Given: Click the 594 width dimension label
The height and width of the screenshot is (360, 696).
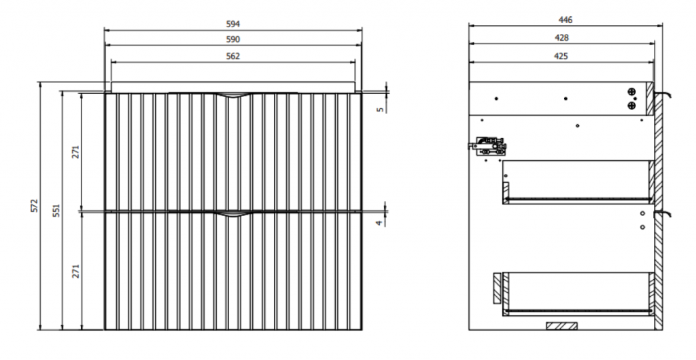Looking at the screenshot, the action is coord(233,24).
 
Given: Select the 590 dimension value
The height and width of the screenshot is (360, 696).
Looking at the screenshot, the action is coord(233,39).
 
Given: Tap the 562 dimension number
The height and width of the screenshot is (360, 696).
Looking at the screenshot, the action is coord(233,56).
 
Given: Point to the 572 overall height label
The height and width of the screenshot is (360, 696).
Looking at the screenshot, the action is coord(35,206).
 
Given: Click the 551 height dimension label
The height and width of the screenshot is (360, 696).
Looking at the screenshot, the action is coord(56,211).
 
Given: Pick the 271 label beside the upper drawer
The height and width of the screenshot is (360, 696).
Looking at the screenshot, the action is coord(76,152).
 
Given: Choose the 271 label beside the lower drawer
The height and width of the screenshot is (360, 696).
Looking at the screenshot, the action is coord(76,271).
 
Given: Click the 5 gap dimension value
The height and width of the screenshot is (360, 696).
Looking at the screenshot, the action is coord(381,109).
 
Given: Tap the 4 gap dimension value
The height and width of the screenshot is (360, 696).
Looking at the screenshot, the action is coord(379,223).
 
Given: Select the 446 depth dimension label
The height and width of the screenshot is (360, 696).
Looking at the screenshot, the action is coord(565,20).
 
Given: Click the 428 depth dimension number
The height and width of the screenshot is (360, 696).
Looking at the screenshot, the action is coord(561,38).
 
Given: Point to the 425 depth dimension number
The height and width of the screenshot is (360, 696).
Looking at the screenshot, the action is coord(561,56).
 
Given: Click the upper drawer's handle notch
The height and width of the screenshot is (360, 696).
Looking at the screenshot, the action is coord(232,95).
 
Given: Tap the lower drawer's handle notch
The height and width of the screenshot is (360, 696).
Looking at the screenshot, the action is coord(232,214).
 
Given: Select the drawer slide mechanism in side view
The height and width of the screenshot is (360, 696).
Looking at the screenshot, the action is coord(488,146).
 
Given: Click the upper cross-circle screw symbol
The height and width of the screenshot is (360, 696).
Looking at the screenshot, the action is coord(631,92).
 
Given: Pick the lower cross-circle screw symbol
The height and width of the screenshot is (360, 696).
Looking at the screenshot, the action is coord(631,105).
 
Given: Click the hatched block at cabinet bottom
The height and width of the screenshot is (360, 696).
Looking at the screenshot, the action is coord(562,326).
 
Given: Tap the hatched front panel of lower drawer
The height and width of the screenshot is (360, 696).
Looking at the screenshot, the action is coord(497,289).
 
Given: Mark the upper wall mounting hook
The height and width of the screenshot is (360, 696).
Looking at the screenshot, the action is coord(663,94).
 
